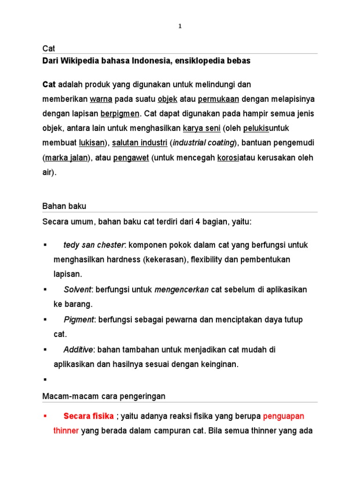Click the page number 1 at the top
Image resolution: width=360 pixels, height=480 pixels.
(180, 27)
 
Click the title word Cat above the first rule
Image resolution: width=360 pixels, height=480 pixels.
(48, 48)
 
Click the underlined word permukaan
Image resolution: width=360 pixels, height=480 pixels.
(218, 99)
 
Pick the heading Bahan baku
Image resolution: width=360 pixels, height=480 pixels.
(64, 206)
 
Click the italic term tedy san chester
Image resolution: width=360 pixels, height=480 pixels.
(94, 245)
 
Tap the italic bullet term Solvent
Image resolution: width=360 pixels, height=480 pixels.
(77, 290)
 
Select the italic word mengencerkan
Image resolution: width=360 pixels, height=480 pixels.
(181, 290)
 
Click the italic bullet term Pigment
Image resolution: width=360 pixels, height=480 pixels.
(78, 320)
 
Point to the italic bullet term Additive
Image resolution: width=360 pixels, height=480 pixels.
(78, 350)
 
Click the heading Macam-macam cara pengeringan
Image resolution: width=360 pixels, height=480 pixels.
(104, 396)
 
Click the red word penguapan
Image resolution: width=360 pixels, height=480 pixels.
(284, 416)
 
